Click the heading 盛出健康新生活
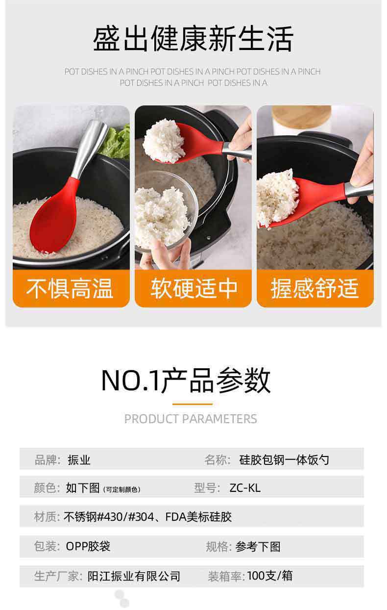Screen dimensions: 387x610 click(193, 38)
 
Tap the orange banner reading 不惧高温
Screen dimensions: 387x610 click(71, 288)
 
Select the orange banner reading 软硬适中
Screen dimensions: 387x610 click(193, 288)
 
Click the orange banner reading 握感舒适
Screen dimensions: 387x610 click(315, 288)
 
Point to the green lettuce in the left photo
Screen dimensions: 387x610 click(117, 142)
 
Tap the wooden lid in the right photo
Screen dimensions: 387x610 click(301, 117)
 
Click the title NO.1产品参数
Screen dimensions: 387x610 click(186, 381)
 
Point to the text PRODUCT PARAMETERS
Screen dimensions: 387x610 click(191, 419)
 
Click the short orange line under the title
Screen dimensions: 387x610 click(193, 404)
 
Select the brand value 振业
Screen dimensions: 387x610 click(79, 460)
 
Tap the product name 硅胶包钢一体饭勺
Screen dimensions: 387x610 click(284, 460)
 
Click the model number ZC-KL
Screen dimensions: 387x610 click(245, 488)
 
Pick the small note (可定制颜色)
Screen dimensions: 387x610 click(121, 490)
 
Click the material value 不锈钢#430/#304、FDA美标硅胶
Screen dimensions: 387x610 click(147, 517)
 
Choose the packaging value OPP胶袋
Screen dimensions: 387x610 click(88, 546)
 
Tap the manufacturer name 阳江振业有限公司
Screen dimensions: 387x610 click(134, 576)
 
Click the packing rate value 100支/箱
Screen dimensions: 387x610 click(270, 576)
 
